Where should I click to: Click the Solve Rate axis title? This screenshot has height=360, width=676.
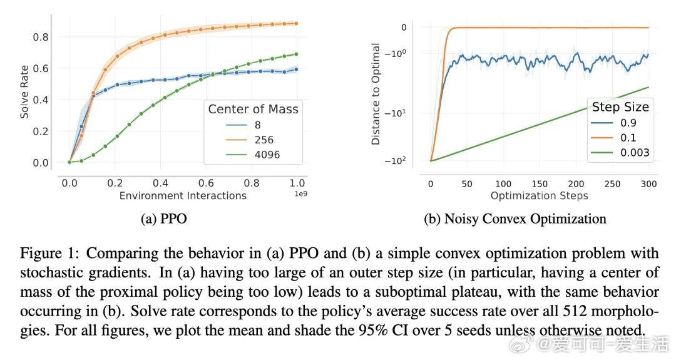click(x=25, y=95)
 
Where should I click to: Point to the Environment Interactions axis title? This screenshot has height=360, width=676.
click(x=183, y=196)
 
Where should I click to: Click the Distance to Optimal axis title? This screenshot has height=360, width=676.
click(x=376, y=94)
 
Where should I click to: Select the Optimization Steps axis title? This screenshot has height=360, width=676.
click(x=539, y=196)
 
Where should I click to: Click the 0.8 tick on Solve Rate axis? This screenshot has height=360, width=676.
click(x=41, y=37)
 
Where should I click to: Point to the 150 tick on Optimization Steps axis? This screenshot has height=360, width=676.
click(x=540, y=183)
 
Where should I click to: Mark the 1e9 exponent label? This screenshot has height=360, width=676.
click(x=301, y=193)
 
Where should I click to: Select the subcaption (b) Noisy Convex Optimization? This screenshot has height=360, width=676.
click(x=515, y=219)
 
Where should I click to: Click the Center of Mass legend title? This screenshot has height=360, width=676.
click(x=253, y=110)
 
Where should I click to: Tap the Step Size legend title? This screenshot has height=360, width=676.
click(x=619, y=106)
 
